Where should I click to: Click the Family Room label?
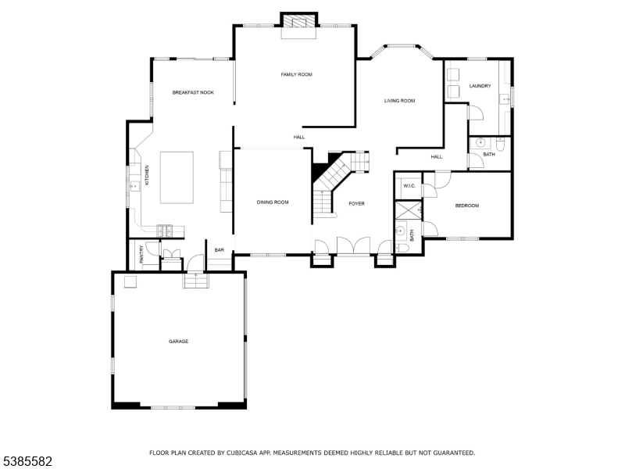coord(296,74)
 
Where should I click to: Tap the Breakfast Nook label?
coord(193,92)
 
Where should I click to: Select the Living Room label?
coord(398,101)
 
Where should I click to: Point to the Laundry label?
coord(480,86)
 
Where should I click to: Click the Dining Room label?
coord(273,202)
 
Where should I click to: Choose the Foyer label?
coord(356,203)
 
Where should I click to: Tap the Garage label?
coord(179,342)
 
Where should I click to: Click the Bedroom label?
coord(467,206)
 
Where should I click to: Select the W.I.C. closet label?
coord(409,186)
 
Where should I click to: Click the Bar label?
coord(220,250)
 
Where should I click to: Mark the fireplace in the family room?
coord(299,23)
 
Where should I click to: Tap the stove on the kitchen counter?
coord(165,229)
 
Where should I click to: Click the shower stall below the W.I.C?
coord(408,209)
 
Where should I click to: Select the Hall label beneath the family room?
coord(298,137)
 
